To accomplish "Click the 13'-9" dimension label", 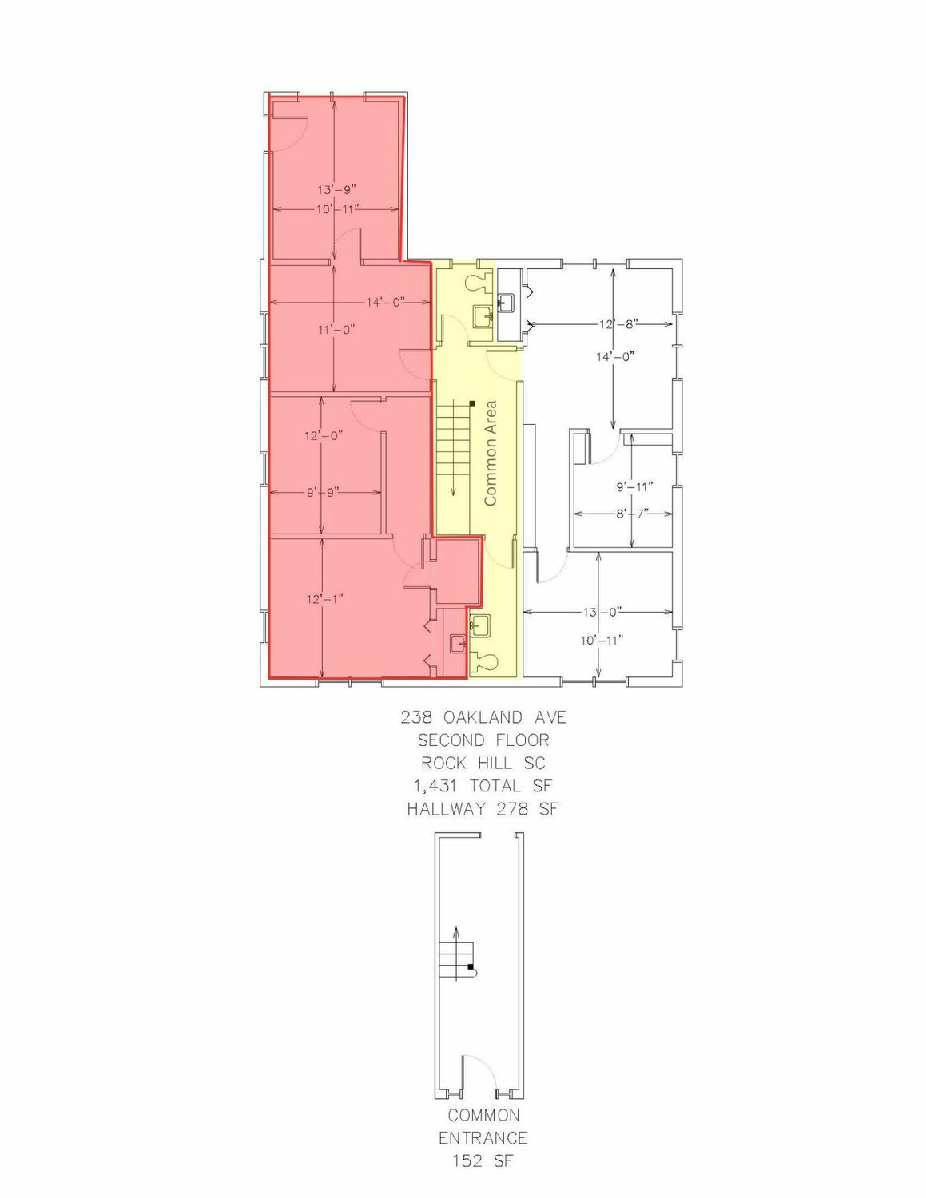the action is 336,189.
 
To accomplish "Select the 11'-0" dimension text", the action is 336,329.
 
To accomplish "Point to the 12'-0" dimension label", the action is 324,435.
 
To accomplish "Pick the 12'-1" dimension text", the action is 325,599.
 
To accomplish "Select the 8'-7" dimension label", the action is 631,514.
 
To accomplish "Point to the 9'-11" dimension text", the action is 634,486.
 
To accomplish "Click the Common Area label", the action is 491,453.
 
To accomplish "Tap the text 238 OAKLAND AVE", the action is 483,717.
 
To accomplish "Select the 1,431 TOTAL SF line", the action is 483,786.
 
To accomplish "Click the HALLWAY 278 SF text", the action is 483,809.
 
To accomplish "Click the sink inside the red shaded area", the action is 458,643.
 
